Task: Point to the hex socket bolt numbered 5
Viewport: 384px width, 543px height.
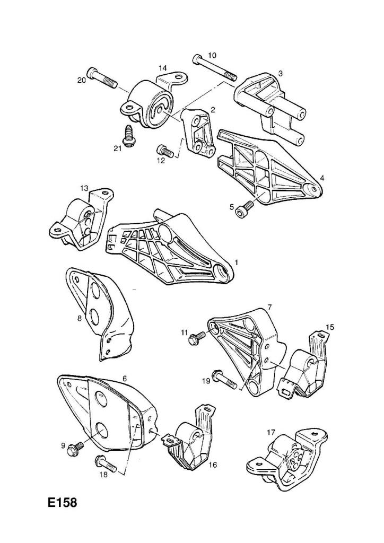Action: (x=244, y=208)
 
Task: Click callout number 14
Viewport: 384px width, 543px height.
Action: (x=163, y=67)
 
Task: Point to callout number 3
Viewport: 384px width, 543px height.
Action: (x=281, y=73)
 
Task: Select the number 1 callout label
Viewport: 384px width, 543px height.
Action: (x=237, y=262)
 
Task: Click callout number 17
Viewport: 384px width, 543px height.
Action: (x=271, y=432)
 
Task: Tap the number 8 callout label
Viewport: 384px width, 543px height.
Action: (x=80, y=318)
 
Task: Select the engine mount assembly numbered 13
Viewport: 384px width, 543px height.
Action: (x=82, y=218)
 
